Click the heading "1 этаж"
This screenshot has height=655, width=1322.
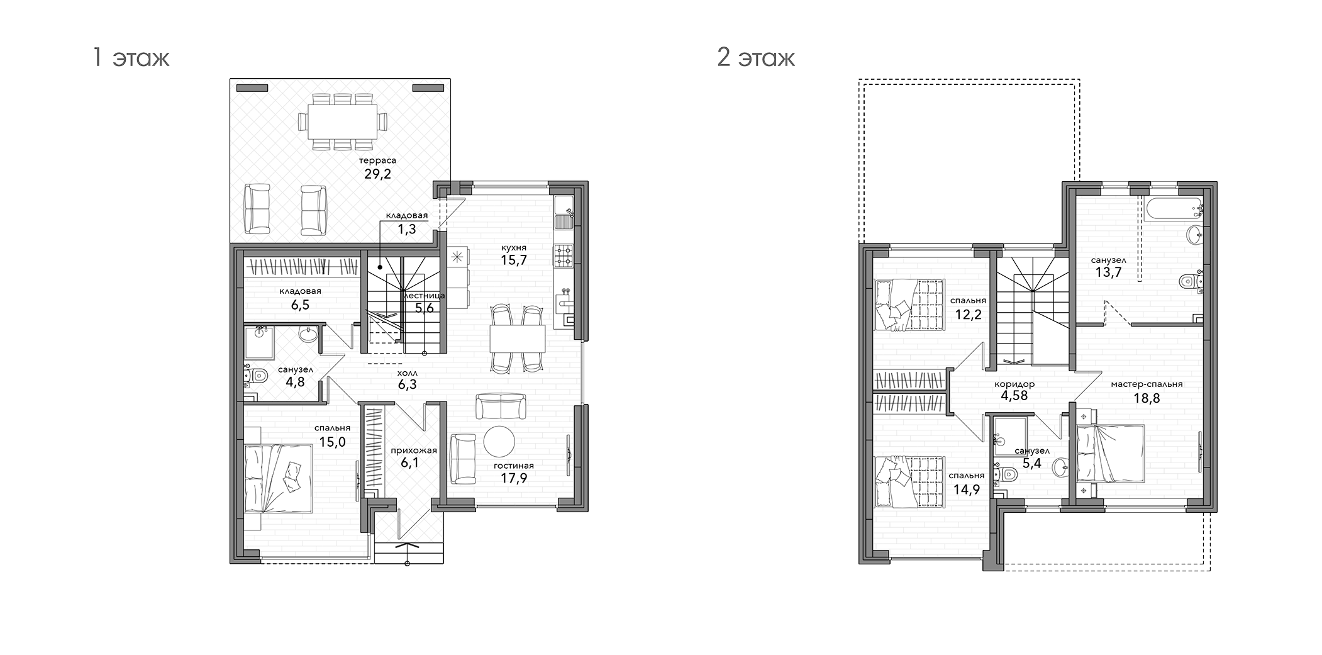tap(131, 59)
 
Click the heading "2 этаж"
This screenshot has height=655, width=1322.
tap(756, 59)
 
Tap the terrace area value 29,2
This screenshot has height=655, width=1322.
tap(377, 174)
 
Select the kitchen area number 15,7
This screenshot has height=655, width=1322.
tap(513, 260)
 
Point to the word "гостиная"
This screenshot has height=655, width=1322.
tap(513, 466)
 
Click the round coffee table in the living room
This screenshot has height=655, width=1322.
tap(499, 442)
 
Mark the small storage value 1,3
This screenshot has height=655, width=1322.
tap(407, 229)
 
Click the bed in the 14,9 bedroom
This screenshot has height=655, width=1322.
tap(909, 481)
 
